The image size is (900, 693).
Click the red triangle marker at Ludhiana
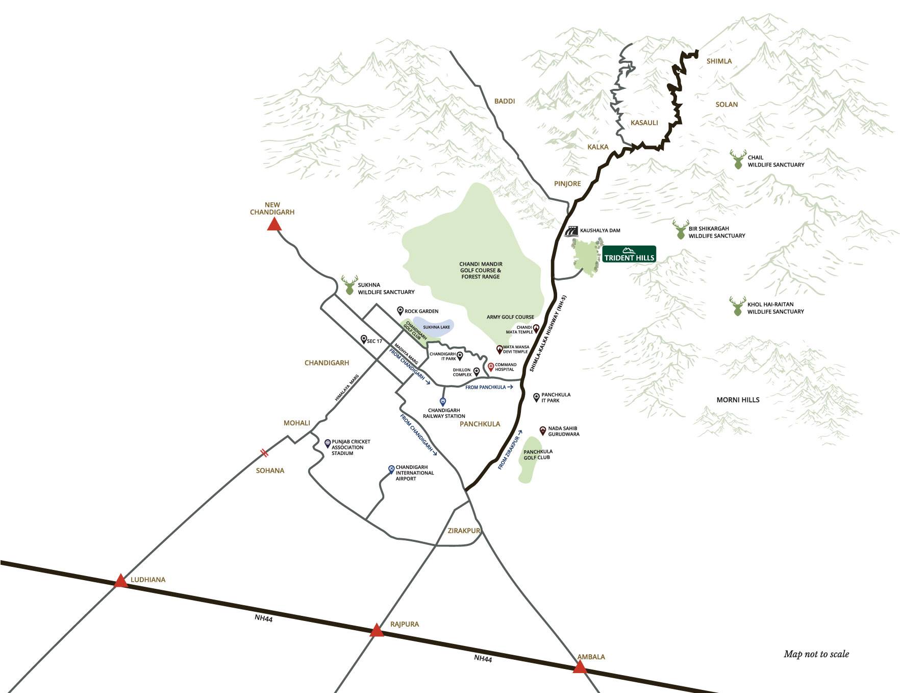pyautogui.click(x=120, y=581)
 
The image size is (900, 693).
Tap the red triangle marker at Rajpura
pyautogui.click(x=377, y=630)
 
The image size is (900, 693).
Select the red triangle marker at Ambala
pyautogui.click(x=580, y=667)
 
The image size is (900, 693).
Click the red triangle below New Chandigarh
pyautogui.click(x=274, y=224)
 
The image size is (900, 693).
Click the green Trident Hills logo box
pyautogui.click(x=629, y=254)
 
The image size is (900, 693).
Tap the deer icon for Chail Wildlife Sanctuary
pyautogui.click(x=738, y=160)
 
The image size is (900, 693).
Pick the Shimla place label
pyautogui.click(x=719, y=61)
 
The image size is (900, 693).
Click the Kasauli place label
pyautogui.click(x=644, y=123)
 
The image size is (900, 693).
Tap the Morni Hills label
pyautogui.click(x=738, y=400)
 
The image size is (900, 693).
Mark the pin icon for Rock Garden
pyautogui.click(x=401, y=311)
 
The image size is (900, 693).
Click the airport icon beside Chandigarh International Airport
pyautogui.click(x=391, y=469)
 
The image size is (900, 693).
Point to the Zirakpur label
pyautogui.click(x=464, y=531)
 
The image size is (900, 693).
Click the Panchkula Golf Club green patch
pyautogui.click(x=531, y=460)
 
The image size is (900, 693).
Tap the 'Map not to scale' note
pyautogui.click(x=816, y=654)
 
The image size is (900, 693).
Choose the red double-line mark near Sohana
pyautogui.click(x=264, y=452)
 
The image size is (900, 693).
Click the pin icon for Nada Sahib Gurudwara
pyautogui.click(x=543, y=430)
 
